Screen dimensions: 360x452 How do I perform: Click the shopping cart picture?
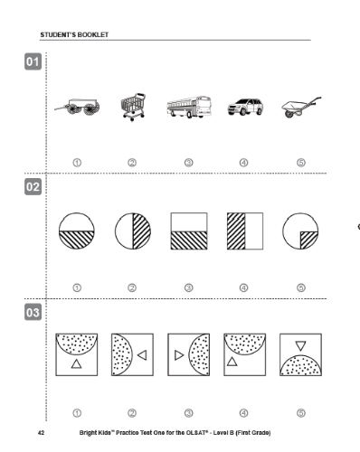[x=133, y=107]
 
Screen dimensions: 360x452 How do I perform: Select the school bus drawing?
[x=189, y=107]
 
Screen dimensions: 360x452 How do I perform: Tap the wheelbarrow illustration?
[x=301, y=107]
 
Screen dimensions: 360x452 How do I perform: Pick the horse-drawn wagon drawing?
[x=77, y=107]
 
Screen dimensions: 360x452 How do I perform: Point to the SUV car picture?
[x=245, y=107]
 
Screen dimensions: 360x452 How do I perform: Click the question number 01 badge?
[x=33, y=61]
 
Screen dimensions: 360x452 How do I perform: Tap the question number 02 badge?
[x=33, y=187]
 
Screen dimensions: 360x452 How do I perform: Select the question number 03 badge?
[x=33, y=312]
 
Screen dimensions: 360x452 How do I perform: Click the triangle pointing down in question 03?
[x=300, y=345]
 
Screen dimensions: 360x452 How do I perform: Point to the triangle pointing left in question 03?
[x=142, y=355]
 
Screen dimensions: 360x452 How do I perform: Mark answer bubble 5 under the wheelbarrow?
[x=301, y=163]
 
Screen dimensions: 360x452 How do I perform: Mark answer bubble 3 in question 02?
[x=189, y=288]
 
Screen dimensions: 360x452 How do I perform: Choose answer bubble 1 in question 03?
[x=77, y=413]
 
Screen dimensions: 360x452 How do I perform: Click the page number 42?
[x=41, y=433]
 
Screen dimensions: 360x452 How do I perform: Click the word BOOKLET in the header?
[x=93, y=34]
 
